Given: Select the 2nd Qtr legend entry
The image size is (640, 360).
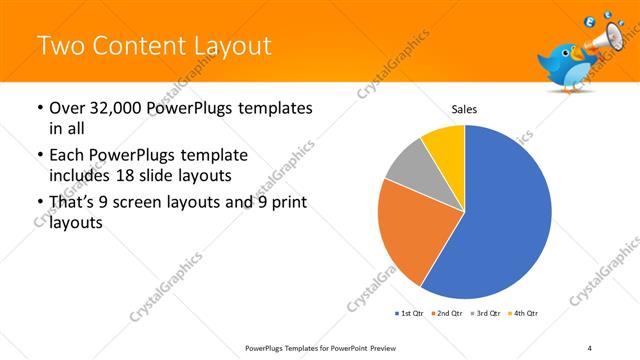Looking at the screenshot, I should [447, 314].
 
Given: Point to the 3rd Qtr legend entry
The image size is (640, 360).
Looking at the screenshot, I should [487, 314].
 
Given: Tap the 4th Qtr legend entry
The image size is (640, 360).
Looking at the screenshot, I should [526, 314].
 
